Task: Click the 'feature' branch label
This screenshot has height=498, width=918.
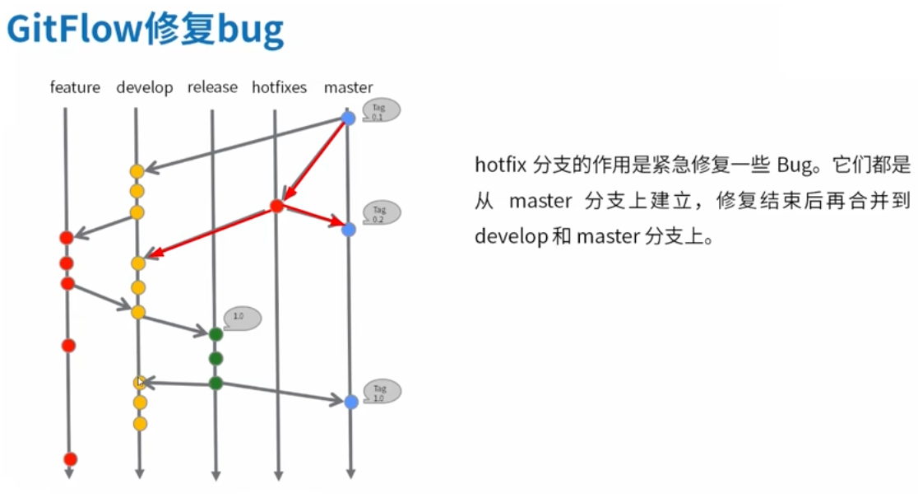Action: tap(75, 87)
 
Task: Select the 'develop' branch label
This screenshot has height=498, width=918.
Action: tap(145, 87)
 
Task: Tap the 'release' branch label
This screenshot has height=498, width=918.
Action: tap(212, 87)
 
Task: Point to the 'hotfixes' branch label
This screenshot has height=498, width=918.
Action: tap(279, 87)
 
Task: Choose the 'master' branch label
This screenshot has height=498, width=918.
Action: tap(348, 87)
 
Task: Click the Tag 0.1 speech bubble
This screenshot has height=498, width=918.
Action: tap(381, 111)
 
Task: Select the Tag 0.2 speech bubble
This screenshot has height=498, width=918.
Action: tap(381, 214)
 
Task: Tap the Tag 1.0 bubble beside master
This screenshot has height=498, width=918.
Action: tap(382, 392)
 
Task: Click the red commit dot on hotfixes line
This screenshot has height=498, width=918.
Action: tap(277, 207)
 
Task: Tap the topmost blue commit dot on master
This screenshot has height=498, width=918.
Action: tap(348, 119)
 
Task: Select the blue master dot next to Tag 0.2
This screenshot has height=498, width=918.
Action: tap(348, 230)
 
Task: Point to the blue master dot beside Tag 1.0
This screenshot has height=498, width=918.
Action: tap(351, 402)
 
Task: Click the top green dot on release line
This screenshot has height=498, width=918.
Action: tap(216, 334)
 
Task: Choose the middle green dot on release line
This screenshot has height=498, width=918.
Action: tap(216, 359)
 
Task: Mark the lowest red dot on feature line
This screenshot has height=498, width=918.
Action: tap(70, 459)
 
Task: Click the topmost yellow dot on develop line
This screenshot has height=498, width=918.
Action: tap(137, 171)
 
